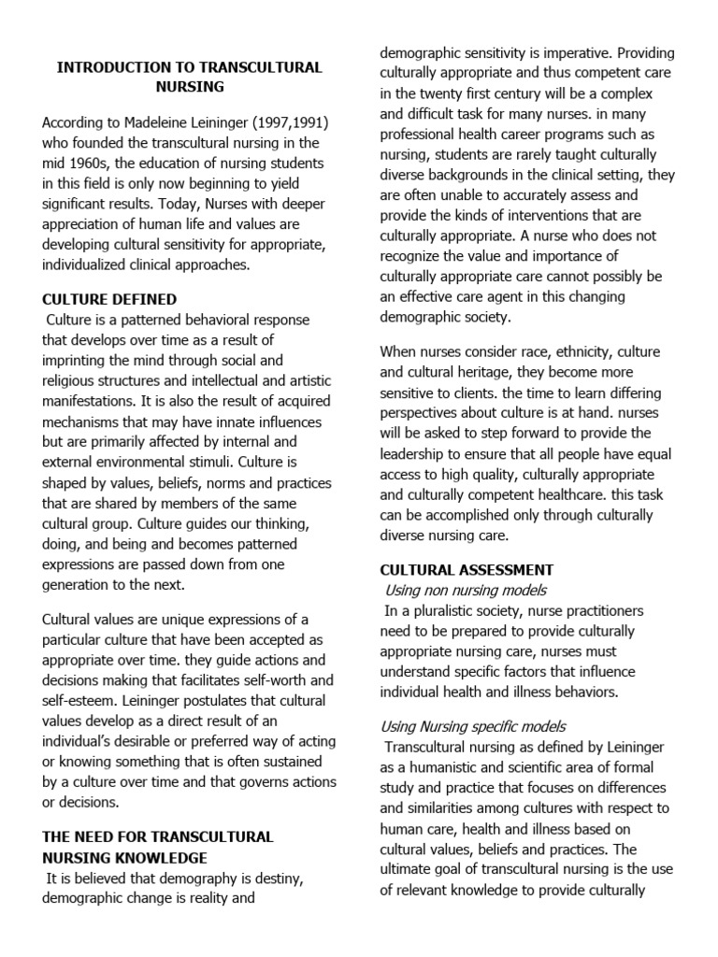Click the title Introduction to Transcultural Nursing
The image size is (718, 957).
point(190,77)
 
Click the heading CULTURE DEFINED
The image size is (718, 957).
point(109,300)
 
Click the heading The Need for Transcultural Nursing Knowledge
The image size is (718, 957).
point(158,847)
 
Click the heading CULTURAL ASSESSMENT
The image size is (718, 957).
point(467,569)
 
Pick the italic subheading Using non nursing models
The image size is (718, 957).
point(466,590)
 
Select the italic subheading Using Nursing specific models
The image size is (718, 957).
point(472,726)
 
